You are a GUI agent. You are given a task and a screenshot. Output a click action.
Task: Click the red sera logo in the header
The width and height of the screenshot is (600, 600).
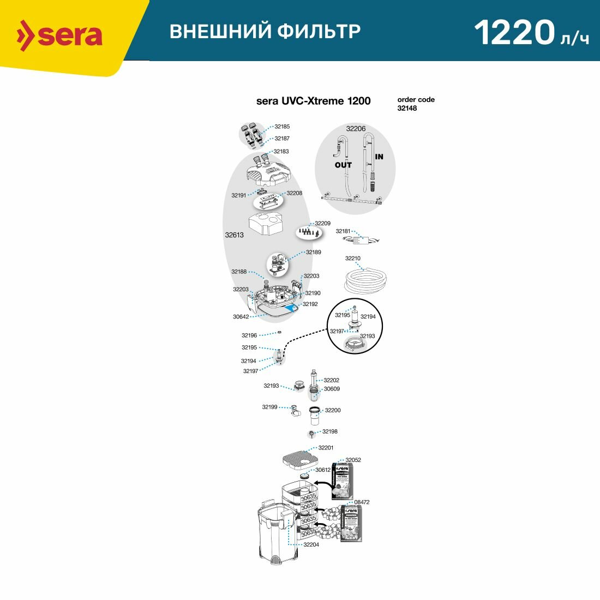[x=59, y=35]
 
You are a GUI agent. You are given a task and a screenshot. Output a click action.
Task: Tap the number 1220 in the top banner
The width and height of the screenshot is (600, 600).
[x=514, y=33]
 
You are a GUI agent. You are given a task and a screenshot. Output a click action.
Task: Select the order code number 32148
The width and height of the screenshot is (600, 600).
[x=407, y=109]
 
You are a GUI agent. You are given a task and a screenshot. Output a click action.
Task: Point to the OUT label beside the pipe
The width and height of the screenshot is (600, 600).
[x=343, y=165]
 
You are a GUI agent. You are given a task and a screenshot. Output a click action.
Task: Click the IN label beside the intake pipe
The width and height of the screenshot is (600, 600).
[x=379, y=157]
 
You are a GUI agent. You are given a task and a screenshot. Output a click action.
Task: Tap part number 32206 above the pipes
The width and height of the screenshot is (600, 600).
[x=356, y=129]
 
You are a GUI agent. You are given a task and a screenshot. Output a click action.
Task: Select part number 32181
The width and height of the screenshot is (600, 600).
[x=343, y=231]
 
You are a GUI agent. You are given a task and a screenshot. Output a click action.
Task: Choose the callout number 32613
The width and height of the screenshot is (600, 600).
[x=234, y=236]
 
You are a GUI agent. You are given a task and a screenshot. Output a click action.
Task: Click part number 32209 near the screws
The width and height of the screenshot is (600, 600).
[x=322, y=224]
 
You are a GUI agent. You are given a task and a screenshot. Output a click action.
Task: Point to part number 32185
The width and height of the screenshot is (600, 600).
[x=282, y=127]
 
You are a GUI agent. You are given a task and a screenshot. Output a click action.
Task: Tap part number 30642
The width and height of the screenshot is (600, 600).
[x=241, y=316]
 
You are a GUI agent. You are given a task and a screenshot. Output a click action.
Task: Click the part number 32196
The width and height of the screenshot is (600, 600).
[x=249, y=335]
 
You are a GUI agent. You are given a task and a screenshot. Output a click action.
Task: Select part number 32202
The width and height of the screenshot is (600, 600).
[x=331, y=380]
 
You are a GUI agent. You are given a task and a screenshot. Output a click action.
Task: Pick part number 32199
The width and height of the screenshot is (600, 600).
[x=269, y=407]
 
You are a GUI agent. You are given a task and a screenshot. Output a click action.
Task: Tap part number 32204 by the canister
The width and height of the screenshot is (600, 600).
[x=311, y=544]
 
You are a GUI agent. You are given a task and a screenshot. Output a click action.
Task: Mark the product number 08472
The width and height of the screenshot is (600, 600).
[x=362, y=502]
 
